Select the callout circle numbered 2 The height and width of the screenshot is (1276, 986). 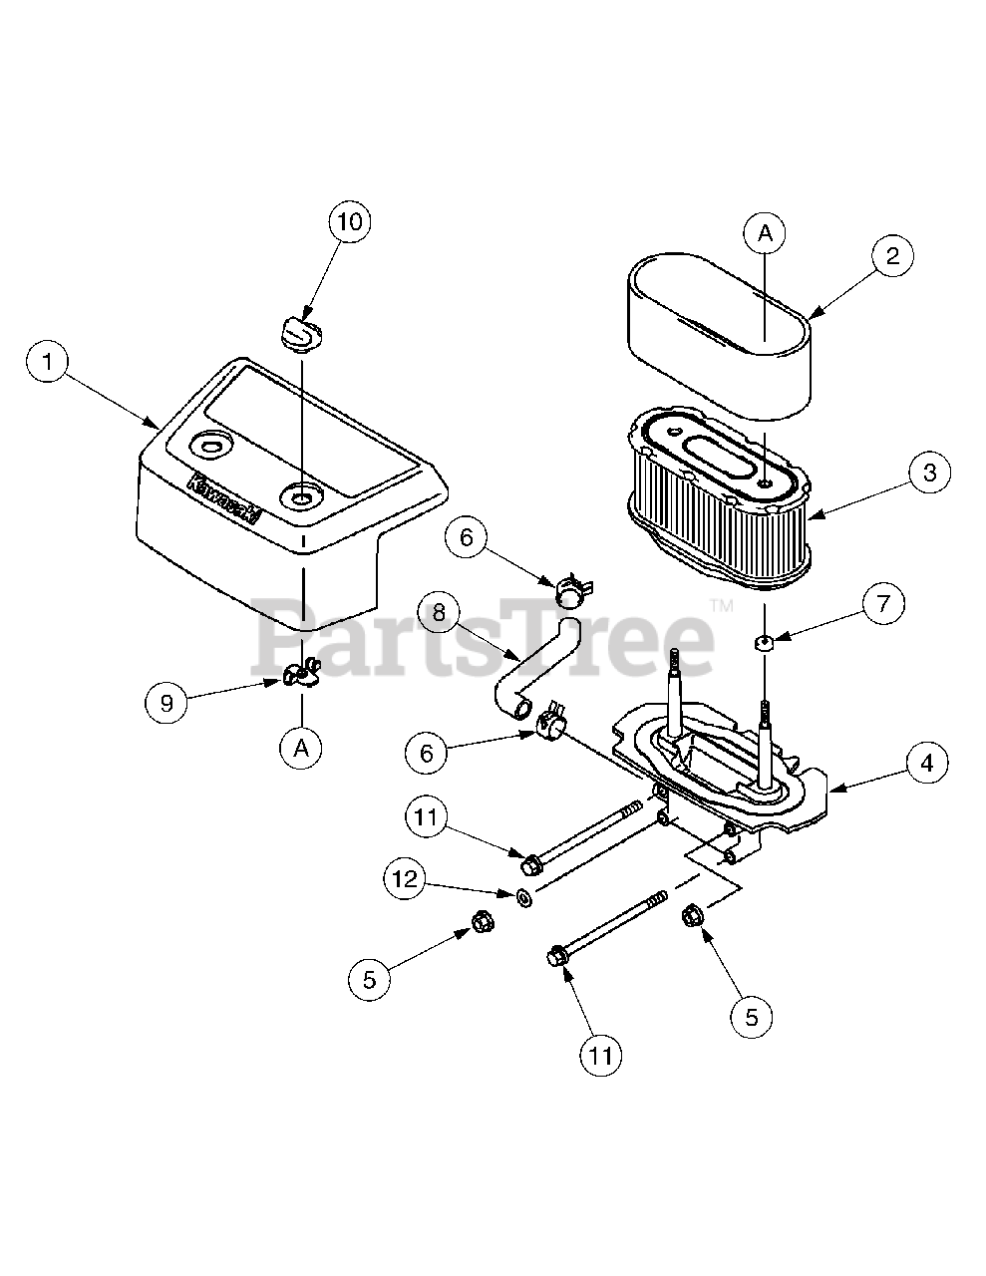point(892,256)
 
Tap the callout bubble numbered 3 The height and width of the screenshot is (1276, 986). point(928,473)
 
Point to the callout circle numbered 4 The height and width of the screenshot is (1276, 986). point(926,764)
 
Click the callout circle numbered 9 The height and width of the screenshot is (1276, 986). point(167,704)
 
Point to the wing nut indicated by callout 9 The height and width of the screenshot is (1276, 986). point(299,675)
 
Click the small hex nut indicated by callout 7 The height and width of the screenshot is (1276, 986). point(765,642)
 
